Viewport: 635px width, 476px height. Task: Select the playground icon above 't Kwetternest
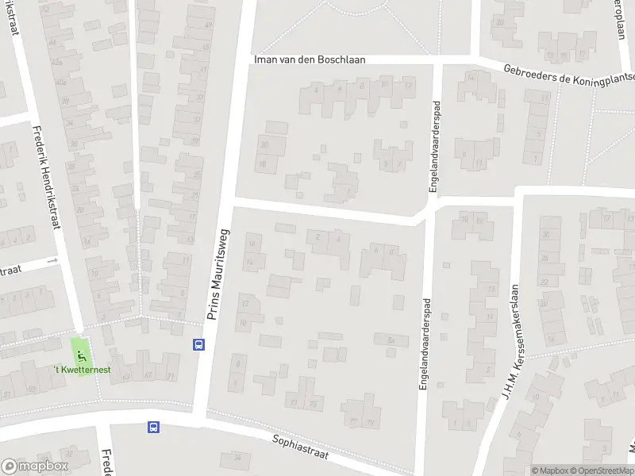[80, 347]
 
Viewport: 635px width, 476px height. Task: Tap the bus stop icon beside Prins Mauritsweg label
[198, 344]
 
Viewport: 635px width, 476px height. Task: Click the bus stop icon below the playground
[152, 427]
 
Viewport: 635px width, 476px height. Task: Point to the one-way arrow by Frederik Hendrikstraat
[54, 259]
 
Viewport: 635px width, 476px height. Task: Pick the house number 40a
[61, 81]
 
